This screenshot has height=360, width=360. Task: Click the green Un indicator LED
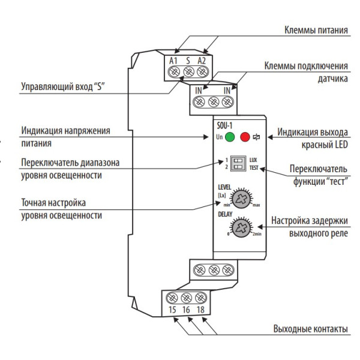pyautogui.click(x=230, y=137)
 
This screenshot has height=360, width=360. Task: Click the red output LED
pyautogui.click(x=244, y=137)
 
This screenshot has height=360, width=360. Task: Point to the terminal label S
pyautogui.click(x=188, y=61)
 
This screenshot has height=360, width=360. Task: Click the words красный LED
pyautogui.click(x=326, y=145)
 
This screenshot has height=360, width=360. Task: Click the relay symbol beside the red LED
pyautogui.click(x=257, y=137)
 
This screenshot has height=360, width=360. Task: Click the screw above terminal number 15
pyautogui.click(x=172, y=296)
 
